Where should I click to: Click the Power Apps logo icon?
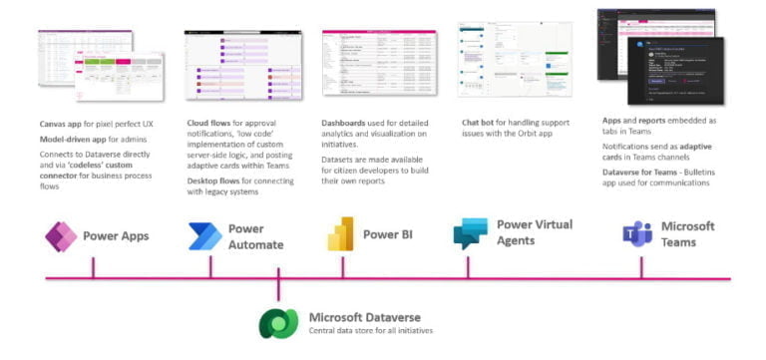coord(62,236)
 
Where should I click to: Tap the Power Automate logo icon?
coord(205,236)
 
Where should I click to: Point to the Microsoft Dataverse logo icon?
coord(278,323)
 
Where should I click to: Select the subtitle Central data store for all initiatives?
coord(371,331)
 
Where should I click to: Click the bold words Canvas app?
coord(62,124)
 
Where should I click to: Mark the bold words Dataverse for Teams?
coord(637,172)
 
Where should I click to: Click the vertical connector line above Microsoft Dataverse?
coord(278,292)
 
